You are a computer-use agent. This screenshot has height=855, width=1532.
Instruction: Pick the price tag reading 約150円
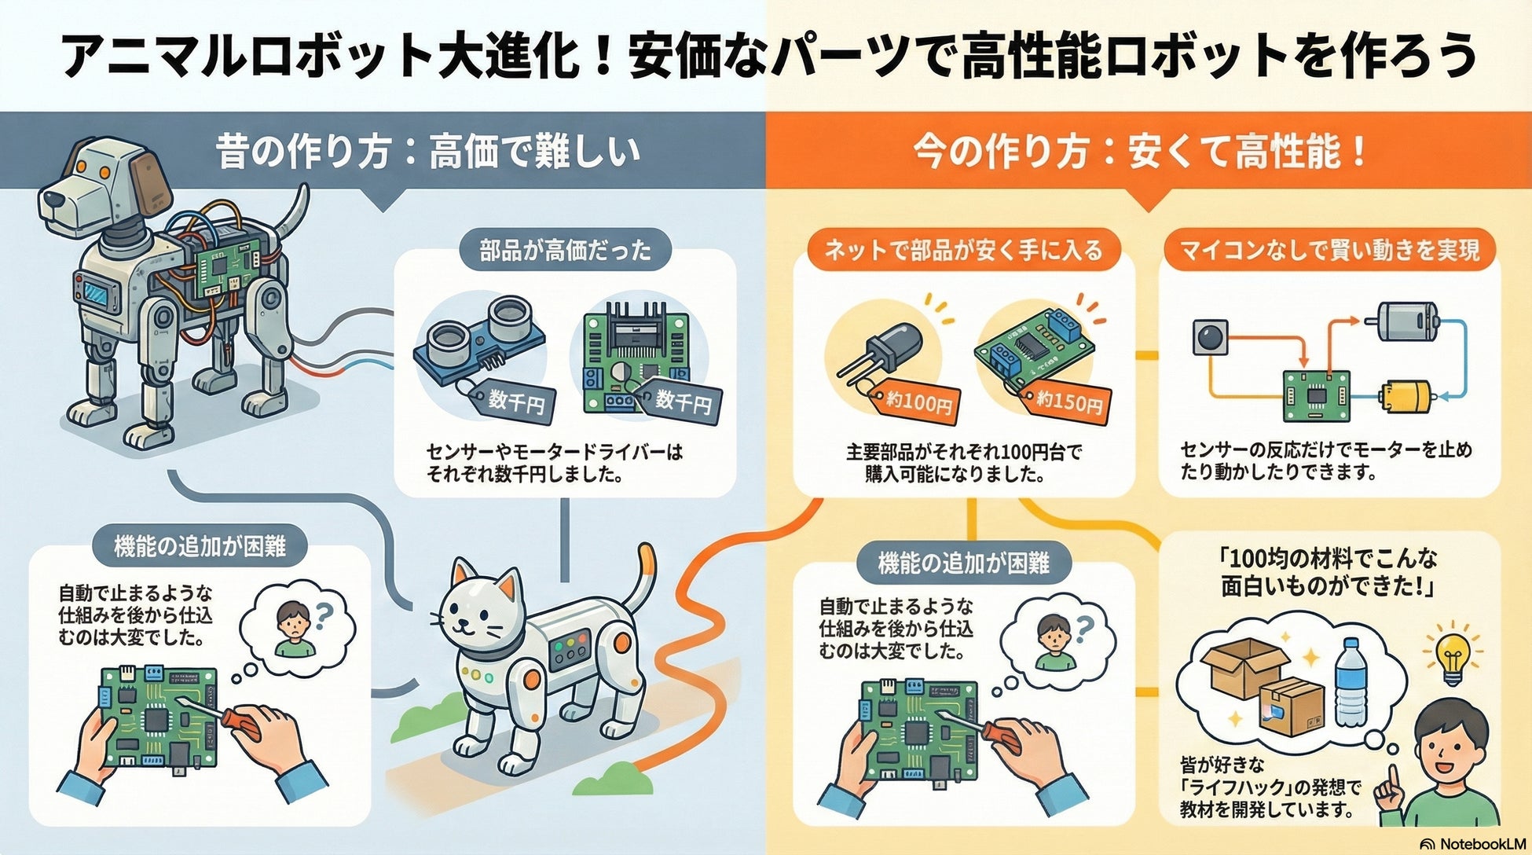click(x=1068, y=402)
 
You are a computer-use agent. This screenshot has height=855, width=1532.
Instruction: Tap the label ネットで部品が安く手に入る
click(x=963, y=251)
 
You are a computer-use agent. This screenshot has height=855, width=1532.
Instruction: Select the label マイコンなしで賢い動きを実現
click(x=1329, y=251)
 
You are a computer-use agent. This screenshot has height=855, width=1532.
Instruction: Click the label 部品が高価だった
click(x=565, y=251)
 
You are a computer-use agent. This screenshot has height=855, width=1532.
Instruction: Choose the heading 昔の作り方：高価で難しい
click(x=428, y=151)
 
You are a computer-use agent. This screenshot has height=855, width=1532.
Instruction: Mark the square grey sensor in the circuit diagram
click(x=1209, y=337)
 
